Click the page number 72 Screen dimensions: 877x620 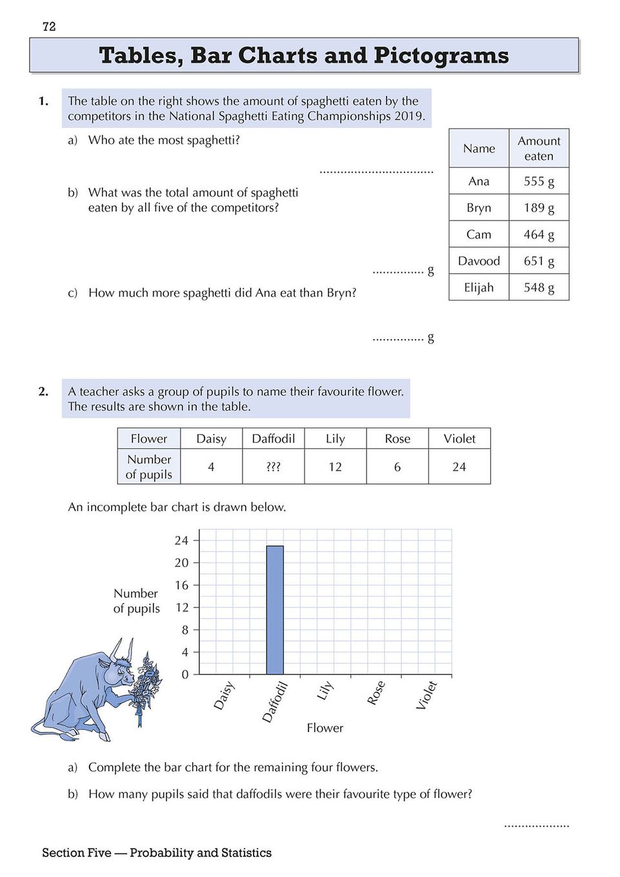pos(49,26)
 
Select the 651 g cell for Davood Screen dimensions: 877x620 pos(539,261)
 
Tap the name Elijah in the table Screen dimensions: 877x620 pos(479,288)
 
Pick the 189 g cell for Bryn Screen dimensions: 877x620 pos(539,208)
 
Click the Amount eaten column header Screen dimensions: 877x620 pos(539,148)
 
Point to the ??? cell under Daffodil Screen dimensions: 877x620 pos(274,467)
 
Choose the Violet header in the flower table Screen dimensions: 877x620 pos(459,438)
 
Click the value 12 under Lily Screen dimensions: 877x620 pos(335,467)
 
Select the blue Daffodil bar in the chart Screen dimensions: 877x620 pos(275,610)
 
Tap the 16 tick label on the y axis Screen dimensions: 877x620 pos(182,586)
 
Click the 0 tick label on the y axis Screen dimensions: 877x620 pos(185,675)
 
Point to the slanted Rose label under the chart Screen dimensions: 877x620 pos(376,693)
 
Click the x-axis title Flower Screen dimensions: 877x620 pos(325,728)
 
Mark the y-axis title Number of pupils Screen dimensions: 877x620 pos(136,601)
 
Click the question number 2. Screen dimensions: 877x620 pos(43,391)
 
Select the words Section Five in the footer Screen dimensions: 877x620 pos(77,852)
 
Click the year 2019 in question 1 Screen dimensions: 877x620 pos(409,116)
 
